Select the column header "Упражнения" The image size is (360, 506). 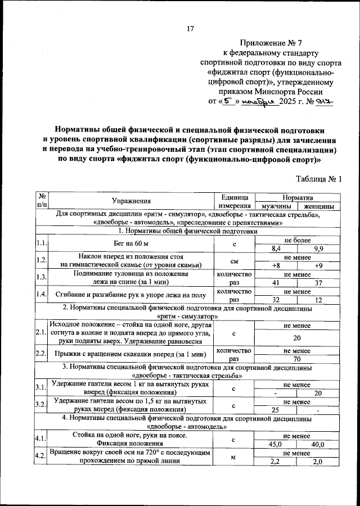[131, 201]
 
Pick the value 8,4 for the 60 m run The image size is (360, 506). [276, 248]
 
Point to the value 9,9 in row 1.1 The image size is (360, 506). [318, 248]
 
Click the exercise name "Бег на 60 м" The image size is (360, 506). [131, 243]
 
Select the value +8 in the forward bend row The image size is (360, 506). [276, 266]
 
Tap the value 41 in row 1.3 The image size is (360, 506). [276, 283]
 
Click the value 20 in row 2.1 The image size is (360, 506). [297, 339]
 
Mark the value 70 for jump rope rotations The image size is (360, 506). [297, 359]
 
